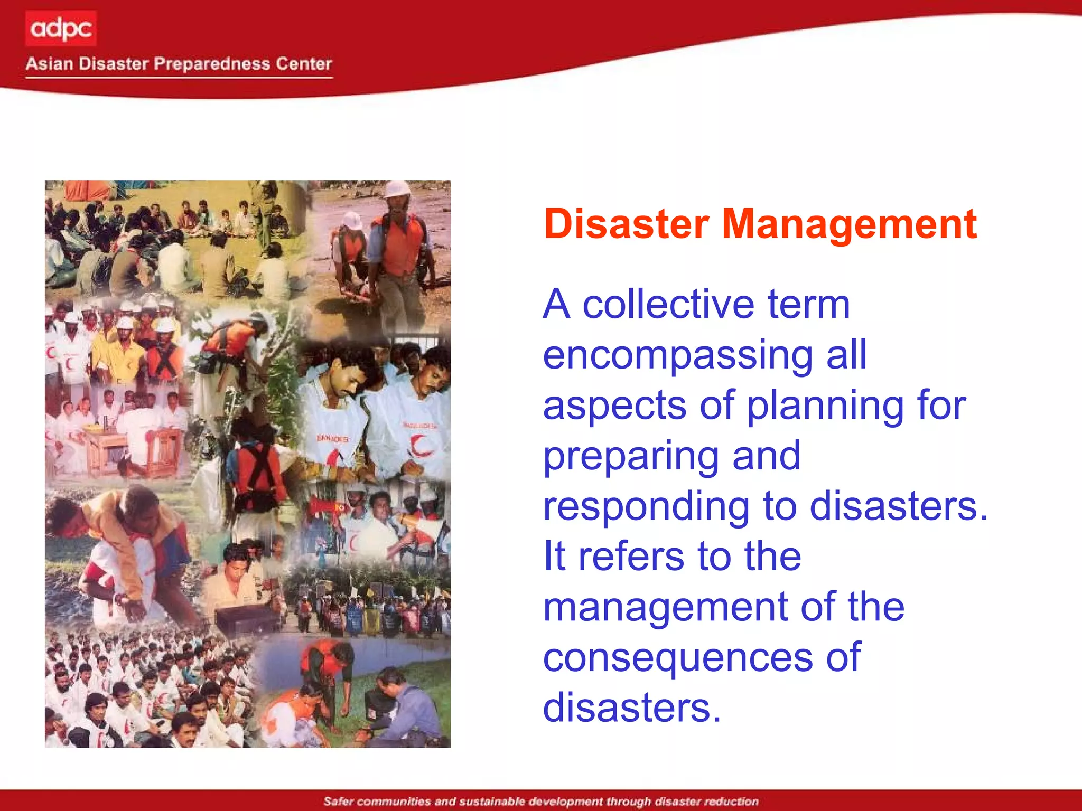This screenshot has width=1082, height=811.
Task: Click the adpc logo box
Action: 61,29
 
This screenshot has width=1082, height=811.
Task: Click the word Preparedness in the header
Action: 212,64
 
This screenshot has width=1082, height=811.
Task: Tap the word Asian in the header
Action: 49,64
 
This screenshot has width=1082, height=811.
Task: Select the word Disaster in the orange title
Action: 626,224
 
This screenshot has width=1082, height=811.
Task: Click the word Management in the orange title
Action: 849,224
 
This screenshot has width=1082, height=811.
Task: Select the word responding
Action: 646,506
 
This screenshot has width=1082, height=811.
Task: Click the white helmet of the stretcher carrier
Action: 397,188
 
